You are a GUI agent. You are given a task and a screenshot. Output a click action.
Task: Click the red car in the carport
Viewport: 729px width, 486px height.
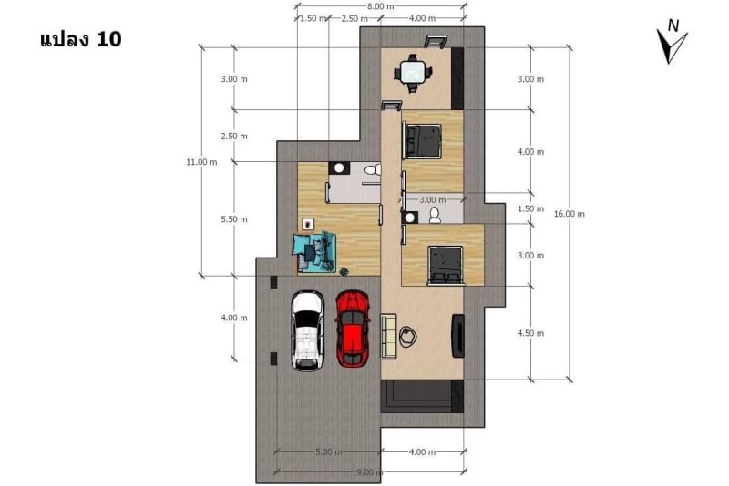click(352, 329)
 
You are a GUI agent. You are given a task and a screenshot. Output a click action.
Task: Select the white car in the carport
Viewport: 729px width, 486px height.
click(308, 330)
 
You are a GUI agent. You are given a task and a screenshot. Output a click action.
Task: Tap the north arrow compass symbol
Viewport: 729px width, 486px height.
click(672, 42)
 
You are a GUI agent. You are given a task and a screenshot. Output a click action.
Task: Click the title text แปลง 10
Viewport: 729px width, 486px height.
click(81, 39)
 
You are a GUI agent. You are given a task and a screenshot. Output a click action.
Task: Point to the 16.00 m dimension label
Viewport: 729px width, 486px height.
click(569, 214)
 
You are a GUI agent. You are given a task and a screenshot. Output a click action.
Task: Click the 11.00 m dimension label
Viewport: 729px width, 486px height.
click(201, 162)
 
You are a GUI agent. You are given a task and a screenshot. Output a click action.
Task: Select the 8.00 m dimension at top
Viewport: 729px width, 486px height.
click(380, 6)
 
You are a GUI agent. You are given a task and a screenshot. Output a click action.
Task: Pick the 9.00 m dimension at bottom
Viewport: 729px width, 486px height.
click(370, 472)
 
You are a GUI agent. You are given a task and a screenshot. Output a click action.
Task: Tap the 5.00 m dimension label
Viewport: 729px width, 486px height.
click(329, 451)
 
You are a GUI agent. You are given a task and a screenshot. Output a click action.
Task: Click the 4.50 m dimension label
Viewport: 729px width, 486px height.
click(530, 333)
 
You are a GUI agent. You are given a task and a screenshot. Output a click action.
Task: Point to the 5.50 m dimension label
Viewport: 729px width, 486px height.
click(234, 219)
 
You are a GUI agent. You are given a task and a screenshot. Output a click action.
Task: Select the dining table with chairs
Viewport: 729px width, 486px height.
click(413, 73)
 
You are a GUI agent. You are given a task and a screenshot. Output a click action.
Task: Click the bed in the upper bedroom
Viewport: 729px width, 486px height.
click(422, 141)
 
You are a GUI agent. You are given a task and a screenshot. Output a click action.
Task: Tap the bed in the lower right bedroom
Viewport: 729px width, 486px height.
click(446, 265)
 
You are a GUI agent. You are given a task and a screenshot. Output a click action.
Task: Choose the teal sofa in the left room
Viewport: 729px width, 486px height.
click(314, 251)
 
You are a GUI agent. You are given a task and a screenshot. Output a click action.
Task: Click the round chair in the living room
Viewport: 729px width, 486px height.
click(407, 337)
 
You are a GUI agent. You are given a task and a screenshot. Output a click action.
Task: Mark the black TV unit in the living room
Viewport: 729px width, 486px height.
click(458, 336)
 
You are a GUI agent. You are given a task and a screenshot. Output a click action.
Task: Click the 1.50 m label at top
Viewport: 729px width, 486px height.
click(313, 18)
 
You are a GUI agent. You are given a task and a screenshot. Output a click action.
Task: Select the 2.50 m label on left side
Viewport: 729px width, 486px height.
click(234, 136)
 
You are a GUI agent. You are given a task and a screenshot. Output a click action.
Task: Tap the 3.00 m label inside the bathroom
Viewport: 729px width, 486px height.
click(432, 200)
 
